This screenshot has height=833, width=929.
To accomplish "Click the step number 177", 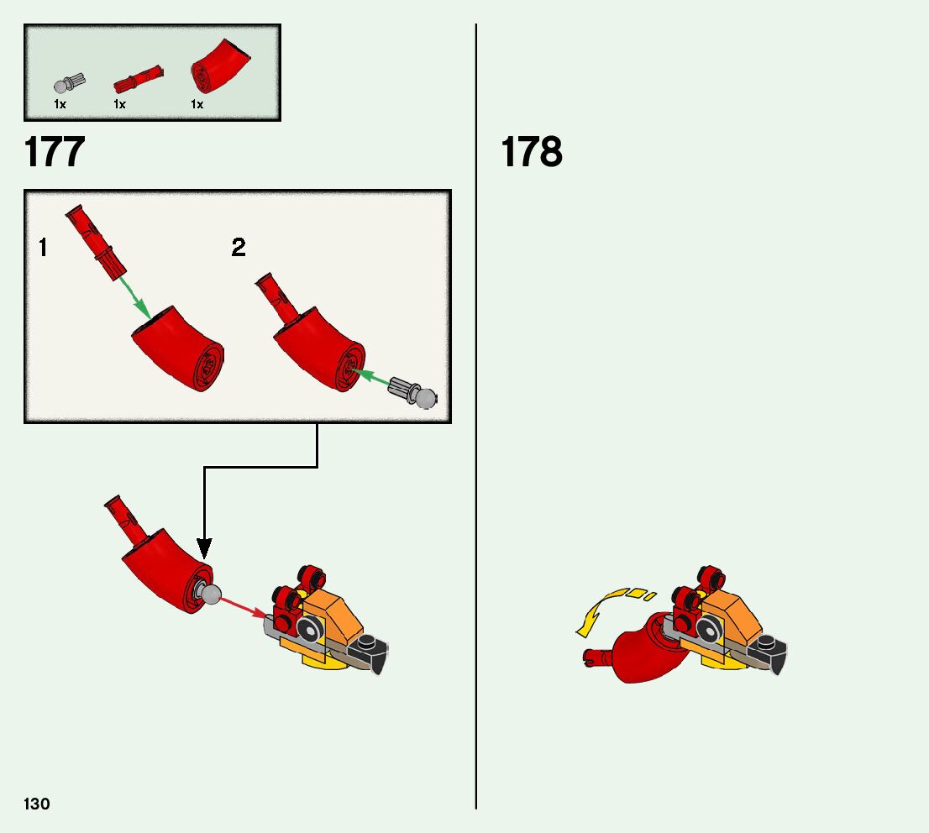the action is (55, 153).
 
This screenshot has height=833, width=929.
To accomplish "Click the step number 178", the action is (531, 153).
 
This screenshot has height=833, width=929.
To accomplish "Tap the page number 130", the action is (37, 804).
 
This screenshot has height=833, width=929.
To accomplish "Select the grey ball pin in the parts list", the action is (66, 84).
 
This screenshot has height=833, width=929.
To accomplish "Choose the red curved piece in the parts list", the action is (220, 68).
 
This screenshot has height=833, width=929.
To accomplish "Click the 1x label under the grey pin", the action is (60, 105).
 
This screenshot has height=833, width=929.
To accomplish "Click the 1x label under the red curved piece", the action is (197, 105).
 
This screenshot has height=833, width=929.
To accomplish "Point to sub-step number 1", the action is (43, 248).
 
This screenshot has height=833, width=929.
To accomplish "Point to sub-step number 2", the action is (239, 248).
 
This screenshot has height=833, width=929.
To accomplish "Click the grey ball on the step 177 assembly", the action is (209, 595).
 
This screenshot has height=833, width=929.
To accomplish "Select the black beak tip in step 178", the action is (777, 660).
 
